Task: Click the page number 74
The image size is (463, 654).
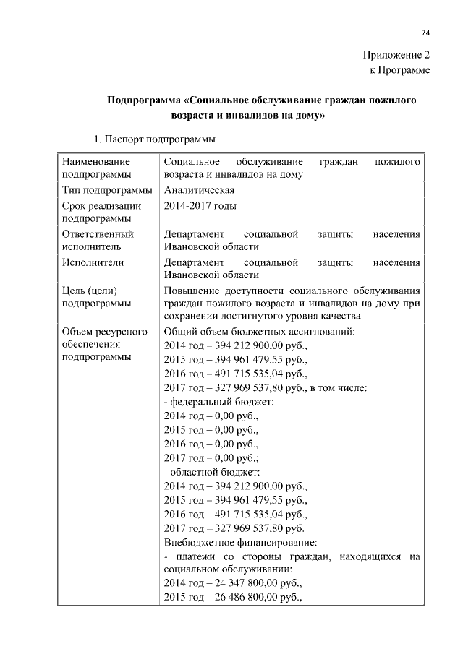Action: click(425, 33)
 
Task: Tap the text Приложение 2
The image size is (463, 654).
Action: click(397, 55)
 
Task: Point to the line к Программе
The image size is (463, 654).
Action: click(400, 70)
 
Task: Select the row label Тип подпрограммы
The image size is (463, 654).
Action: click(107, 190)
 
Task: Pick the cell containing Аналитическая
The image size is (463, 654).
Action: click(199, 190)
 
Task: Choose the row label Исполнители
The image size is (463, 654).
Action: click(93, 262)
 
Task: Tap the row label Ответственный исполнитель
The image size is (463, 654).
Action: click(98, 241)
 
